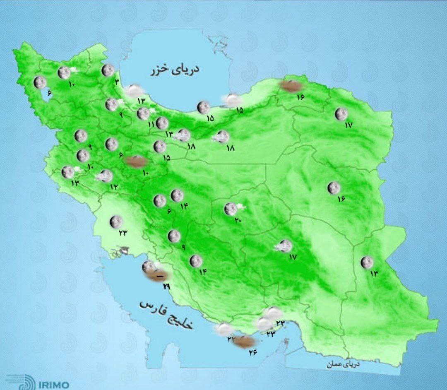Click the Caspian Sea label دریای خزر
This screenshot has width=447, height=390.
(x=175, y=69)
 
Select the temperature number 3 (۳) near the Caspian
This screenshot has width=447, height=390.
(x=117, y=82)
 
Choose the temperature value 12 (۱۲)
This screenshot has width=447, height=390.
(x=114, y=187)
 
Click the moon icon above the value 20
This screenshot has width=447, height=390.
(x=230, y=209)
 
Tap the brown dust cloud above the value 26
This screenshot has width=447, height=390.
(x=244, y=341)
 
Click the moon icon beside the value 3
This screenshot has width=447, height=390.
(x=108, y=70)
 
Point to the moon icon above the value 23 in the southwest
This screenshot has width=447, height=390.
(x=116, y=222)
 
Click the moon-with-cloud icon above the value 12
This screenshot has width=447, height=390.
(x=106, y=176)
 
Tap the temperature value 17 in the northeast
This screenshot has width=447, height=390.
(x=348, y=125)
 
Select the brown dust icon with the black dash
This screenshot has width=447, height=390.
(x=158, y=276)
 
